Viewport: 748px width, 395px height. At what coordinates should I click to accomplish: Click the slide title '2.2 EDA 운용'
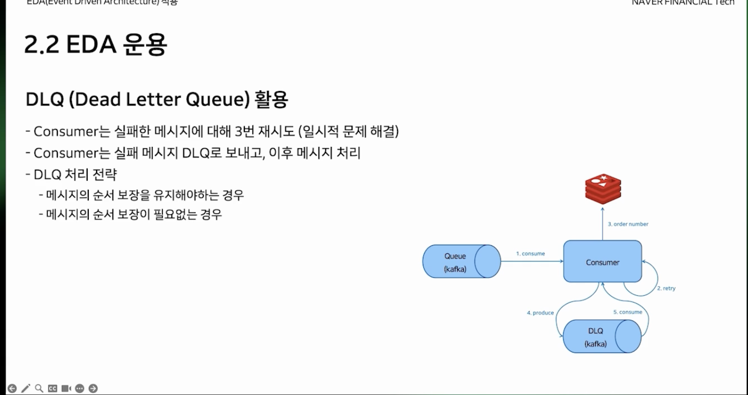pyautogui.click(x=96, y=45)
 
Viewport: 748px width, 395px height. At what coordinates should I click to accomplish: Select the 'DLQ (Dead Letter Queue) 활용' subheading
pyautogui.click(x=157, y=99)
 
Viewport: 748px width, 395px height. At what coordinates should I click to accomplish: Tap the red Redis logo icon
pyautogui.click(x=603, y=189)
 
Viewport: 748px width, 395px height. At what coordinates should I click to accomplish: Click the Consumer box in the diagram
pyautogui.click(x=602, y=262)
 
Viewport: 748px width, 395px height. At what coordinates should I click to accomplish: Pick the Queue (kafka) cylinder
pyautogui.click(x=461, y=262)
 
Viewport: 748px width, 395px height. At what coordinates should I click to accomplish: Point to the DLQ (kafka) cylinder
pyautogui.click(x=602, y=337)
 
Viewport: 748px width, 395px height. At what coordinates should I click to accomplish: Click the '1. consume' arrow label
pyautogui.click(x=530, y=254)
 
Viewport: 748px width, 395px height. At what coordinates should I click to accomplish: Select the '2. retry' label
pyautogui.click(x=666, y=288)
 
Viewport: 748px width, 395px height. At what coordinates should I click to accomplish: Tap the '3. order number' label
pyautogui.click(x=628, y=224)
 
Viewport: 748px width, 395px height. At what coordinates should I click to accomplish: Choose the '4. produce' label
pyautogui.click(x=540, y=313)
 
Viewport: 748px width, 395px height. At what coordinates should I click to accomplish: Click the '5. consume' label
pyautogui.click(x=627, y=312)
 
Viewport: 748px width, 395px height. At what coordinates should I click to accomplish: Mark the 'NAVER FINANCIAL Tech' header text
pyautogui.click(x=683, y=3)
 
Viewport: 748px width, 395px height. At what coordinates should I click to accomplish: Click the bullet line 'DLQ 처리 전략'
pyautogui.click(x=75, y=174)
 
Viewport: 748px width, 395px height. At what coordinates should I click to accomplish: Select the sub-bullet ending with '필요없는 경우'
pyautogui.click(x=133, y=215)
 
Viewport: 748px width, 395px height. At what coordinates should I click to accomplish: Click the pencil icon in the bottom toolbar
pyautogui.click(x=25, y=389)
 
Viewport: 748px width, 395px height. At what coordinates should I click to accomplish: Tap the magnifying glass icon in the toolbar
pyautogui.click(x=39, y=389)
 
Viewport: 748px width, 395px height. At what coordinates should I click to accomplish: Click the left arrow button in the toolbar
pyautogui.click(x=12, y=389)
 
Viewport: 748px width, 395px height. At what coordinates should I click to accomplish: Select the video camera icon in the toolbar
pyautogui.click(x=66, y=389)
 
